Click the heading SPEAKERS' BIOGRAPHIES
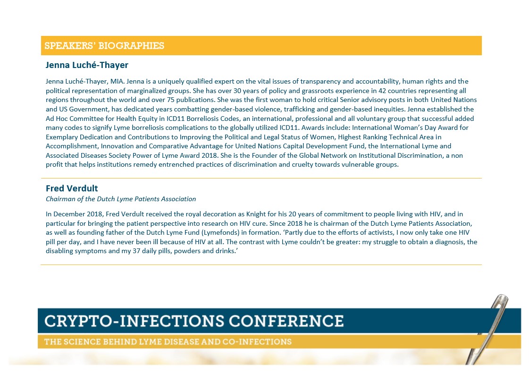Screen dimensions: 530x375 pyautogui.click(x=104, y=46)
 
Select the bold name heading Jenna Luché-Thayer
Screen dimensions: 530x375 pyautogui.click(x=87, y=65)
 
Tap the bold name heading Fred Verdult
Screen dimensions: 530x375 pyautogui.click(x=72, y=188)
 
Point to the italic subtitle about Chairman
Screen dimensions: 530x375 pyautogui.click(x=121, y=199)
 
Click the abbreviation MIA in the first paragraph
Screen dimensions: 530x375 pyautogui.click(x=117, y=82)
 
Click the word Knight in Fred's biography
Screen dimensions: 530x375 pyautogui.click(x=256, y=214)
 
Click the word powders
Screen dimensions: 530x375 pyautogui.click(x=187, y=251)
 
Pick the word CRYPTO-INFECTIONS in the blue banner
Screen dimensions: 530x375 pyautogui.click(x=134, y=321)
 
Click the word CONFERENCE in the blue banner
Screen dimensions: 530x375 pyautogui.click(x=286, y=321)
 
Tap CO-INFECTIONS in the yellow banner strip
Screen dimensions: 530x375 pyautogui.click(x=257, y=341)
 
